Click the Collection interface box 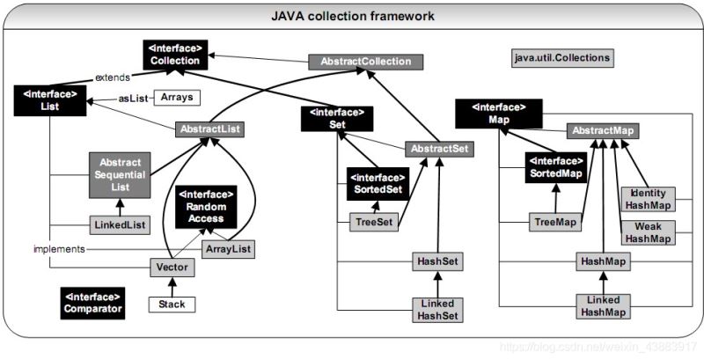(173, 55)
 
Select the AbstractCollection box (365, 62)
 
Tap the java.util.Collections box (561, 58)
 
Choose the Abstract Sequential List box (121, 173)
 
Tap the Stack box (172, 305)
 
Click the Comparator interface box (92, 302)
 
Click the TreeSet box (373, 223)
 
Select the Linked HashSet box (437, 309)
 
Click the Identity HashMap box (648, 199)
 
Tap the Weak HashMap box (648, 232)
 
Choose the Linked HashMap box (602, 305)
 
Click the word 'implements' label (58, 249)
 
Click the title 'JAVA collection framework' (352, 16)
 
